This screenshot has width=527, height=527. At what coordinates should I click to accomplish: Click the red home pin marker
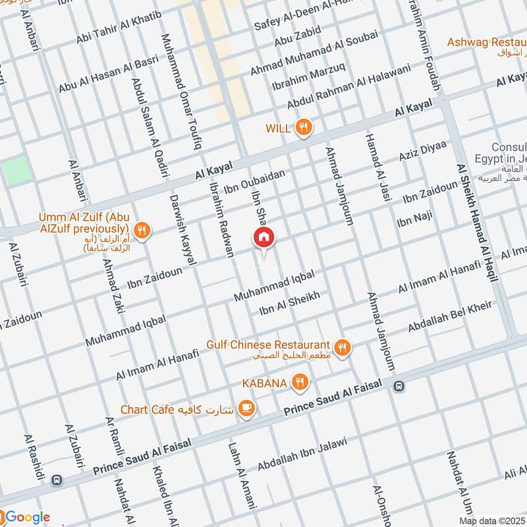263,238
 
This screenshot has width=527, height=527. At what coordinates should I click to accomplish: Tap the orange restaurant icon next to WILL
303,128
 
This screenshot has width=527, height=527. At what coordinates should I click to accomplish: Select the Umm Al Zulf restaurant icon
142,230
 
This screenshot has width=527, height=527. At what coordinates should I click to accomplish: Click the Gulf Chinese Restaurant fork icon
341,347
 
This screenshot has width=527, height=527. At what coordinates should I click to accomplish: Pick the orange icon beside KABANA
300,381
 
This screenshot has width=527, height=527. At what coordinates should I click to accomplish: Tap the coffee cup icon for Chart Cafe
247,409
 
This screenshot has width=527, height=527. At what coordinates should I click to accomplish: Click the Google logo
26,516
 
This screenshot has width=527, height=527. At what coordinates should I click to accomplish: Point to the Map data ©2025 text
492,521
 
